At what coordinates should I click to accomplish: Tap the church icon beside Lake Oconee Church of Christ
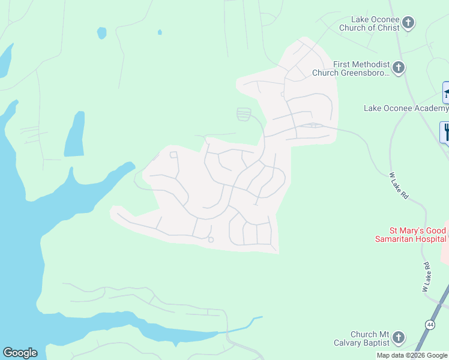408,23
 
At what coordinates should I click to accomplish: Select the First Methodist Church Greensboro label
351,68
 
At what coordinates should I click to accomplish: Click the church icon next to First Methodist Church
399,67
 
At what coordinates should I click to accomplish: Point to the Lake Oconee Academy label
406,108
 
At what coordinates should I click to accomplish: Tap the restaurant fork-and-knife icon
445,132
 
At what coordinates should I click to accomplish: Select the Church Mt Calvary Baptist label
363,338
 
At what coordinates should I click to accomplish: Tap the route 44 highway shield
430,325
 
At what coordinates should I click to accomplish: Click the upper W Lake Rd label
398,187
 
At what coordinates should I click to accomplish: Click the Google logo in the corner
20,353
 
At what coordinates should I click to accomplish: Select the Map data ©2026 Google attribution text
412,355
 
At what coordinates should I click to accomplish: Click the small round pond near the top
101,32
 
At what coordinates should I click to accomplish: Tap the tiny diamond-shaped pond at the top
160,32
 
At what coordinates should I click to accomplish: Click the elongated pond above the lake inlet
74,134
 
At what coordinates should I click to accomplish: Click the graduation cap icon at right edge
446,93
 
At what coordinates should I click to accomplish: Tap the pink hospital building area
445,246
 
